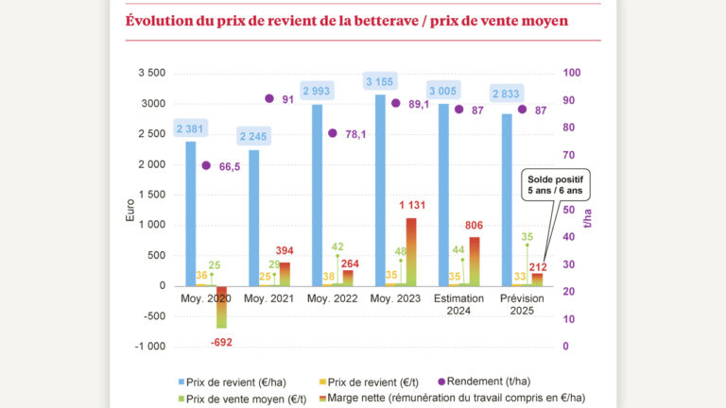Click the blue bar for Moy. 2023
pos(380,189)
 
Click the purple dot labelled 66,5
pos(207,165)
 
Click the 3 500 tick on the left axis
pos(150,74)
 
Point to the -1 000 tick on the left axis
pos(148,347)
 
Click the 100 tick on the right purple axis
pos(572,74)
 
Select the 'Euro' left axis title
pos(130,209)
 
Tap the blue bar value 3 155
pos(380,82)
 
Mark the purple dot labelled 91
pos(268,98)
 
